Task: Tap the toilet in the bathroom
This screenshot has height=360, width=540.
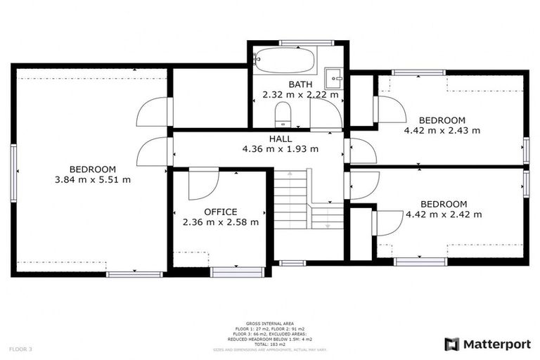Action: coord(283,112)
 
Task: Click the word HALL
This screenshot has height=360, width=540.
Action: coord(280,139)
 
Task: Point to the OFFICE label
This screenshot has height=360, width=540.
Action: coord(220,212)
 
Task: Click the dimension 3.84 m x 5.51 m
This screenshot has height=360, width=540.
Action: coord(92,179)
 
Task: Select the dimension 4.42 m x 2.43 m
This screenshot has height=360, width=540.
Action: coord(442,130)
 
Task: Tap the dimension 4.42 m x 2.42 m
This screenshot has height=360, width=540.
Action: coord(443,214)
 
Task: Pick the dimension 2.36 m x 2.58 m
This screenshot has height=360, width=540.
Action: coord(220,222)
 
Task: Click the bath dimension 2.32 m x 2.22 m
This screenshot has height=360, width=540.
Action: coord(300,94)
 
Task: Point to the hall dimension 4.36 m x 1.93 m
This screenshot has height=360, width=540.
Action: coord(280,149)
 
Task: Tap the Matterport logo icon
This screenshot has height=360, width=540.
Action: coord(452,344)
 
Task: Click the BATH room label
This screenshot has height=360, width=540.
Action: coord(300,84)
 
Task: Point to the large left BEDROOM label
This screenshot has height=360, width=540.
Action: coord(92,169)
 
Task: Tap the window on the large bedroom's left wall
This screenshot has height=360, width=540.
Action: coord(13,173)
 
